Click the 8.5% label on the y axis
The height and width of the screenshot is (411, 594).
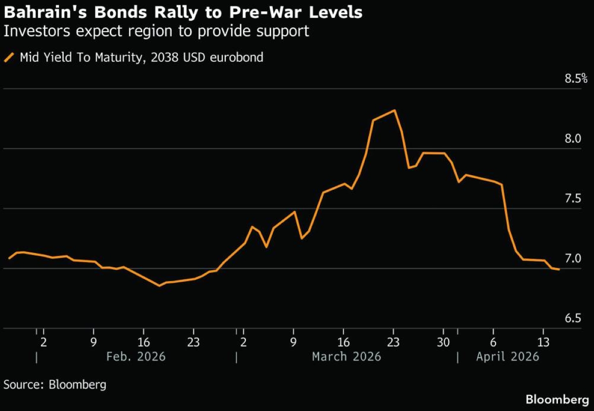(575, 78)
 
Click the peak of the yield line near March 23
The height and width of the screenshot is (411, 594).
(394, 110)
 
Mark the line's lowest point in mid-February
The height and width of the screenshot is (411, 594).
(159, 286)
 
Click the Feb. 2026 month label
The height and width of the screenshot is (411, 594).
(137, 357)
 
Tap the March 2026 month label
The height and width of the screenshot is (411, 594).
(346, 357)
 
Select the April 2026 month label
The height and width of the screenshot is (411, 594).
(507, 357)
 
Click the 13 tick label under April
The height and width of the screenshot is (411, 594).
(544, 342)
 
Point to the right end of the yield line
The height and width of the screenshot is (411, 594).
(559, 269)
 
